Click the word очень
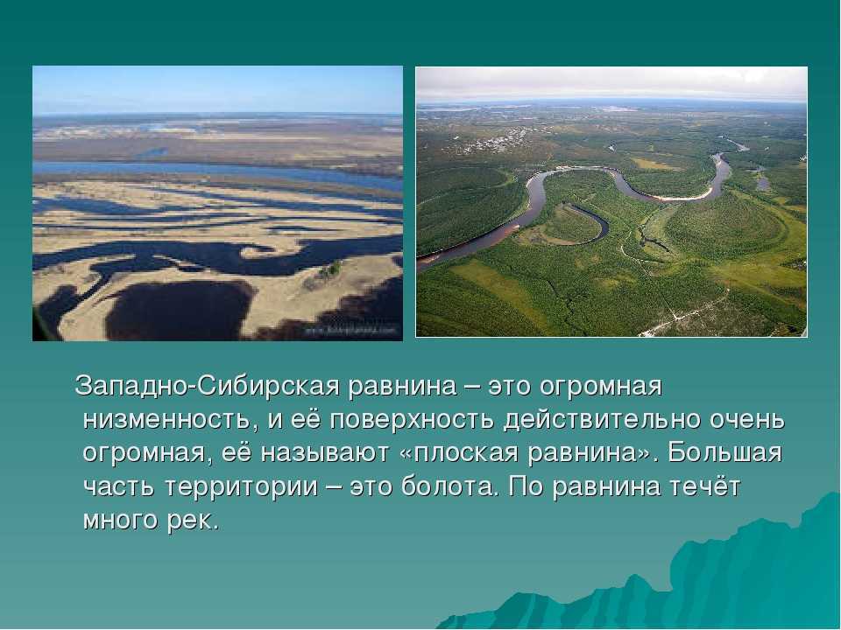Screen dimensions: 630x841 pyautogui.click(x=747, y=419)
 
